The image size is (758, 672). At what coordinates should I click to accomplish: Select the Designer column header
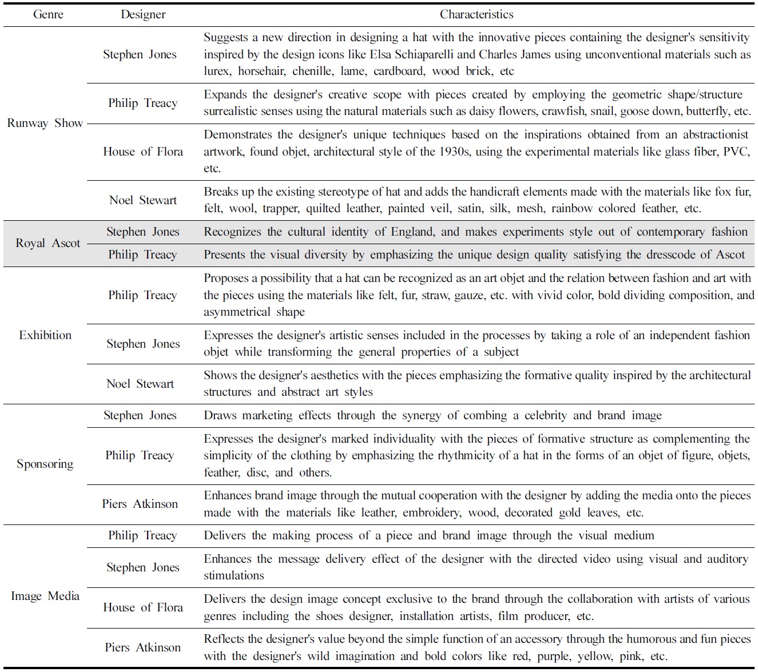point(143,15)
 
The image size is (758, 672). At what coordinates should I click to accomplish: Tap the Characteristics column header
point(476,15)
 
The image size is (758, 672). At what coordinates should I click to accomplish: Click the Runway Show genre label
point(45,123)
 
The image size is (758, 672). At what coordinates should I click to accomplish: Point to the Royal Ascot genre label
point(48,243)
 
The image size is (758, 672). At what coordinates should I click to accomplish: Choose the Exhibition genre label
point(45,335)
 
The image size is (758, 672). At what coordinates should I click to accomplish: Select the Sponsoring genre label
point(45,464)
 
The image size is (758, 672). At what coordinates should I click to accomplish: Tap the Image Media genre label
point(45,596)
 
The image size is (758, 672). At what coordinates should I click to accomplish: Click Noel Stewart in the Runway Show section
point(143,200)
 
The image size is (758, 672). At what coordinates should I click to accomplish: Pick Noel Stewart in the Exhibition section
point(140,384)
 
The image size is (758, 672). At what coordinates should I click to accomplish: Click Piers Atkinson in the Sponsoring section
point(140,504)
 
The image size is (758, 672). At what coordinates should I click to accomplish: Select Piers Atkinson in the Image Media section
point(143,647)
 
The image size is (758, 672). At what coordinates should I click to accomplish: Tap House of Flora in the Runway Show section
point(143,152)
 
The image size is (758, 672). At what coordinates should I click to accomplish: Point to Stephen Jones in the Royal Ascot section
point(143,232)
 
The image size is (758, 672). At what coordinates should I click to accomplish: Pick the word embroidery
point(431,512)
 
